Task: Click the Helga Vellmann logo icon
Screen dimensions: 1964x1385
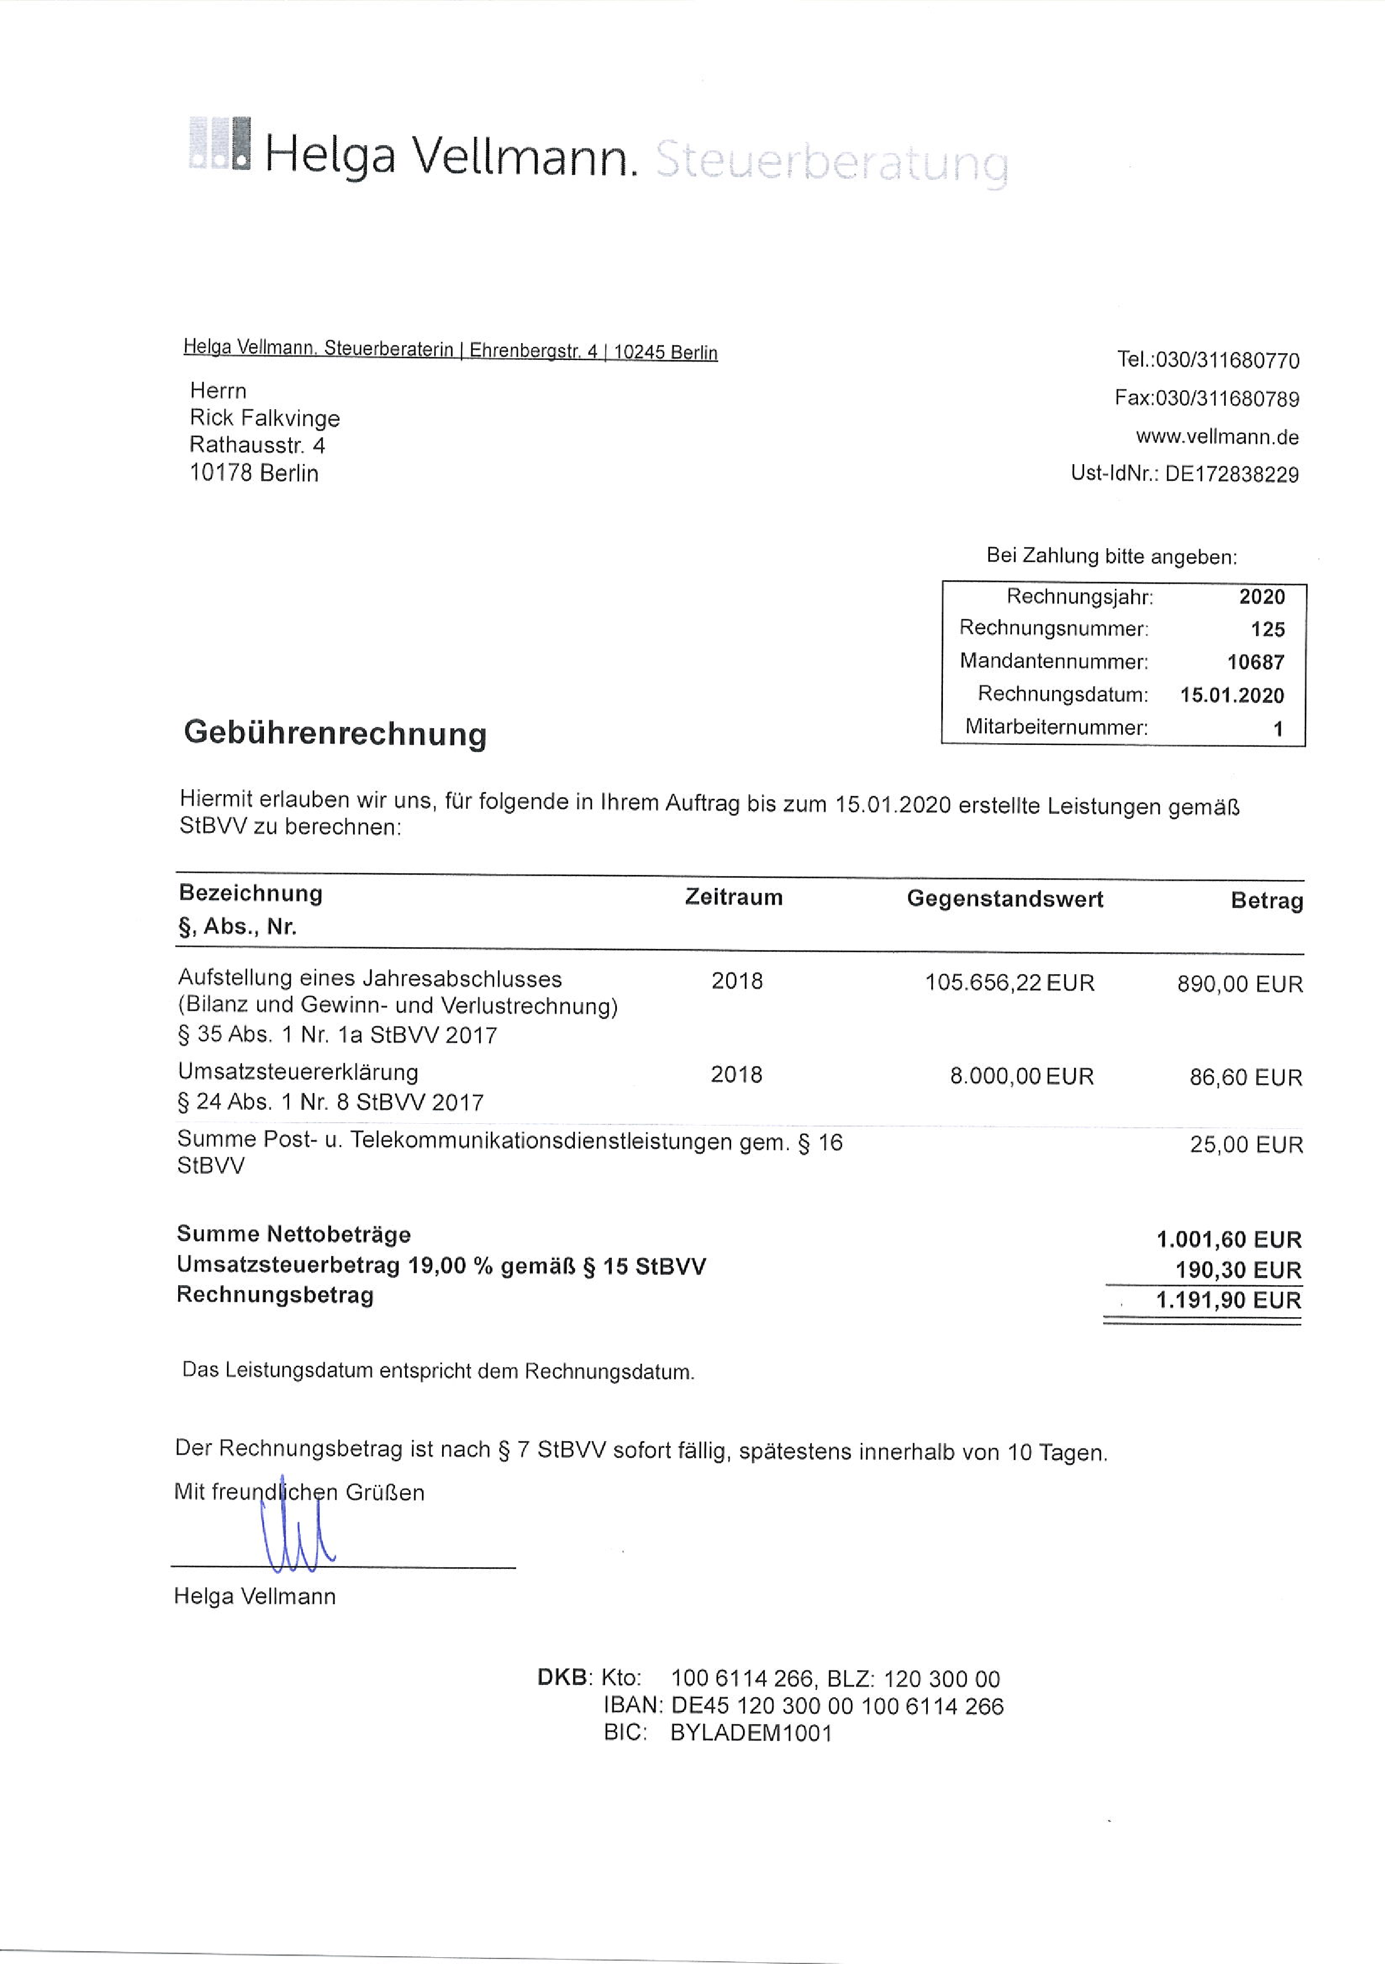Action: [x=220, y=143]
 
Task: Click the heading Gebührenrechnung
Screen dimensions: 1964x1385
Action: [x=335, y=733]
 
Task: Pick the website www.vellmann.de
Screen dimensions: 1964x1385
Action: [x=1216, y=437]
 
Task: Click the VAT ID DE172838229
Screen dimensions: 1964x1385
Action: [x=1231, y=474]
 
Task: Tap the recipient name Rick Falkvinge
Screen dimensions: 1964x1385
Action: [x=265, y=418]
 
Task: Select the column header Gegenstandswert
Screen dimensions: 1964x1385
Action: [x=1005, y=899]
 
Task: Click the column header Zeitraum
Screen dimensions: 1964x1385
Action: [x=733, y=897]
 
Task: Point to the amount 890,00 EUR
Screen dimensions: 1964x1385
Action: [x=1240, y=985]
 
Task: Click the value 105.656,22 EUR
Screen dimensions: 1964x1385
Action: [x=1009, y=983]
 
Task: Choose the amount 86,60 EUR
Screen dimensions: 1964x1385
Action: [x=1245, y=1078]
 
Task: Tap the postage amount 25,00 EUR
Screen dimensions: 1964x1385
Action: [x=1245, y=1145]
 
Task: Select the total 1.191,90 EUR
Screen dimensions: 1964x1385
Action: [x=1228, y=1301]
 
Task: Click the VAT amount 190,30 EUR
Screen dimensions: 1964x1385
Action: [x=1238, y=1270]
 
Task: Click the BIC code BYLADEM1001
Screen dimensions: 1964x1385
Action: [x=751, y=1734]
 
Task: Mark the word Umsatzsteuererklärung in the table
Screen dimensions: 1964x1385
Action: [x=298, y=1073]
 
